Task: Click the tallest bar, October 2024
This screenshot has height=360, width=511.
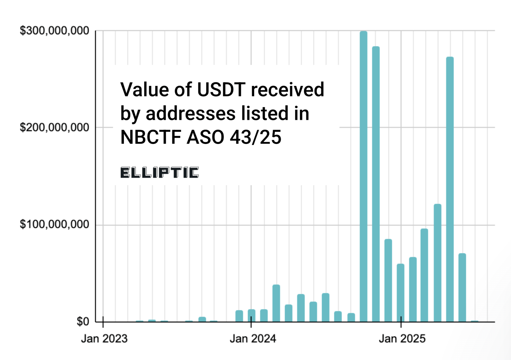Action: (x=363, y=177)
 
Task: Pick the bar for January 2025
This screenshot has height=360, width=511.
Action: (x=400, y=292)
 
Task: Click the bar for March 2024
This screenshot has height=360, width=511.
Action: (x=276, y=303)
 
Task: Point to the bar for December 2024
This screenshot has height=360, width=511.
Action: (x=388, y=280)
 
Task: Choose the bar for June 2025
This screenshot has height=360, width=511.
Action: (x=462, y=287)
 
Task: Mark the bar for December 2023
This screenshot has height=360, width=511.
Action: (x=239, y=316)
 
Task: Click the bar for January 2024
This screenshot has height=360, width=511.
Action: (x=251, y=316)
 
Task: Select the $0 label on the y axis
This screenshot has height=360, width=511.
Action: (x=82, y=321)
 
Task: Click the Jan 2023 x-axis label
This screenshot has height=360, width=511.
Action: (x=104, y=339)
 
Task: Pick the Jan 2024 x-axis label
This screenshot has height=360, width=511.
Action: (x=253, y=339)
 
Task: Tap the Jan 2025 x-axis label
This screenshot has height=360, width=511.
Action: (x=402, y=339)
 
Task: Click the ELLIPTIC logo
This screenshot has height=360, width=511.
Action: (x=159, y=173)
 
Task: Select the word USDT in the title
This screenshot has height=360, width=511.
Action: (x=221, y=90)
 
